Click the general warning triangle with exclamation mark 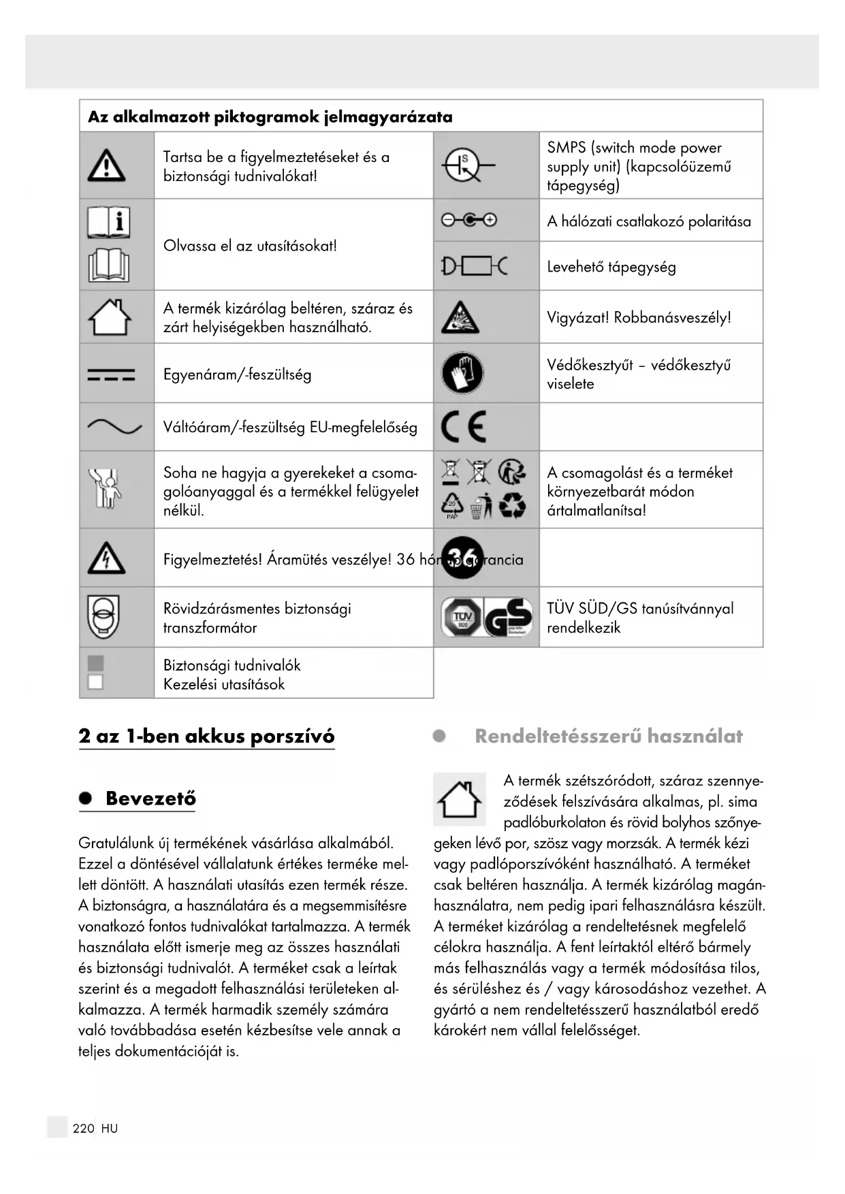pos(107,165)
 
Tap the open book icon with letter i pos(109,222)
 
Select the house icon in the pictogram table pos(110,317)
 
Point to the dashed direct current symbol pos(111,374)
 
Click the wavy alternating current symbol pos(114,427)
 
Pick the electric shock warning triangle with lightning pos(106,559)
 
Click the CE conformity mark pos(464,427)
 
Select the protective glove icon pos(462,373)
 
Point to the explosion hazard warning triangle pos(460,317)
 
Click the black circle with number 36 pos(462,558)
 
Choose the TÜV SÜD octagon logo pos(462,617)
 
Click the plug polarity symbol pos(469,220)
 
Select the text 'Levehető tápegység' pos(611,267)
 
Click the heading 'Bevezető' pos(150,798)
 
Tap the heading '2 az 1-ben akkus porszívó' pos(206,736)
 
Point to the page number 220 pos(83,1128)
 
